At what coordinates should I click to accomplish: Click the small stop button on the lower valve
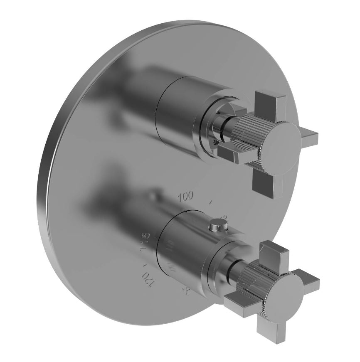[x=217, y=225]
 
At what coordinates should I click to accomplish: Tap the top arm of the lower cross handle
[x=272, y=252]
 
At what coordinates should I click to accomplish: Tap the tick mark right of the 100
[x=211, y=203]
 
